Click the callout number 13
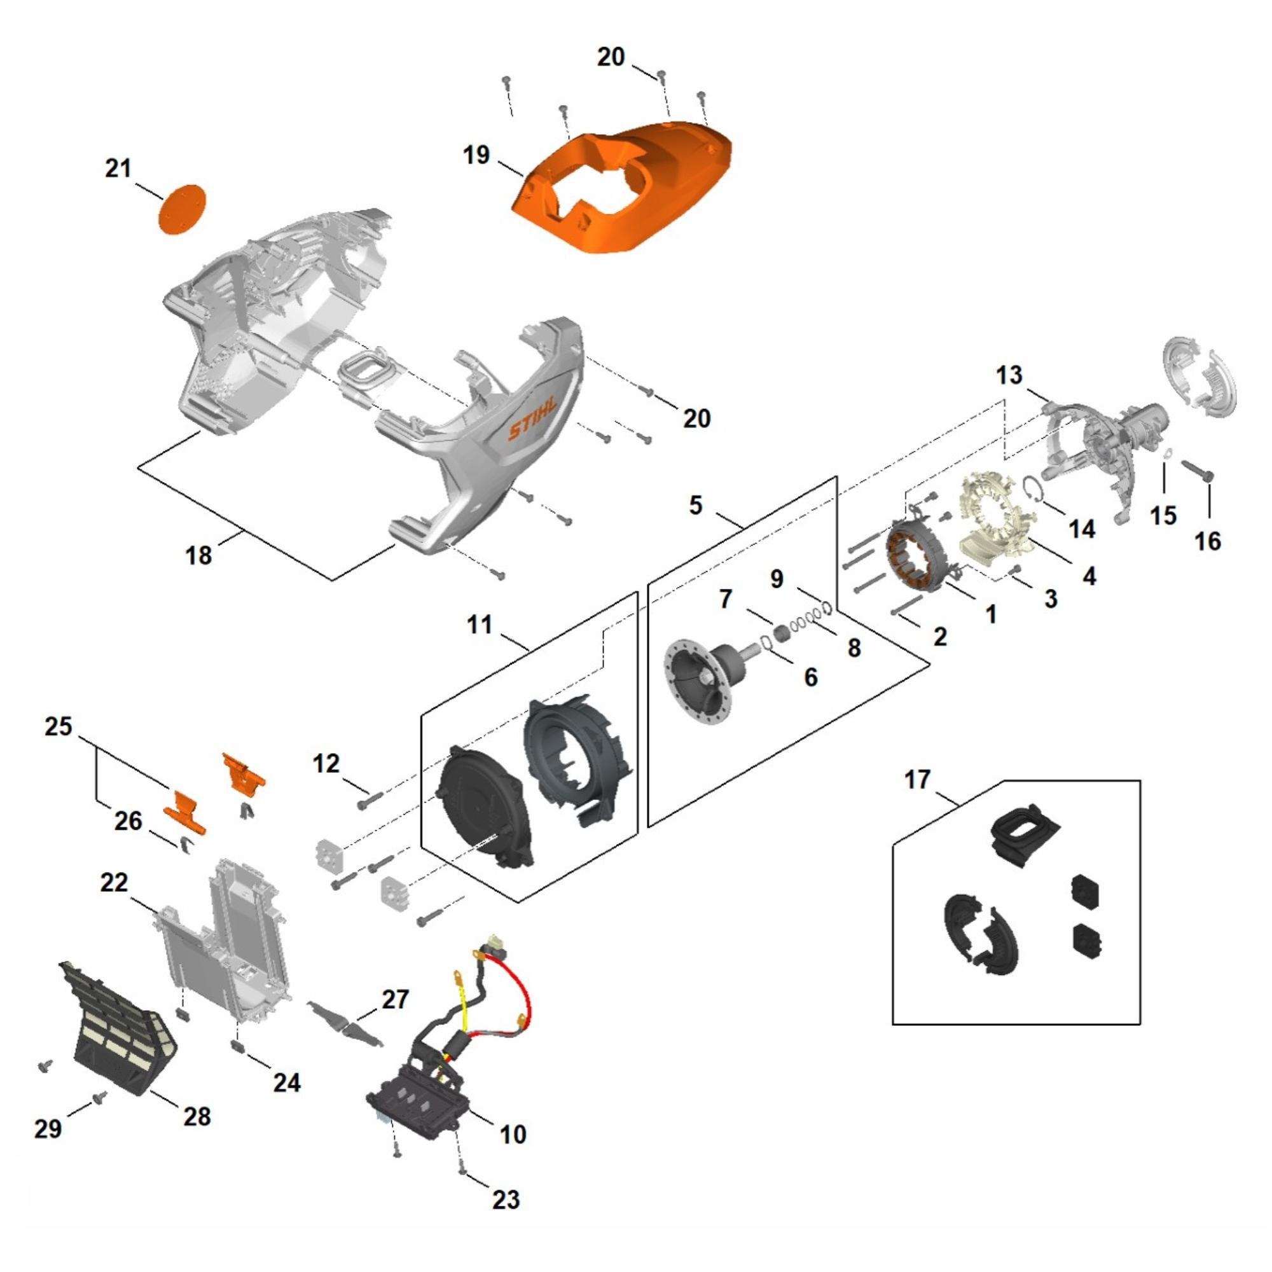(x=1009, y=376)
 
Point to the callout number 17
(x=917, y=781)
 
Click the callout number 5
(x=696, y=506)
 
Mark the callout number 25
(x=59, y=728)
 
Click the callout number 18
(x=198, y=555)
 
